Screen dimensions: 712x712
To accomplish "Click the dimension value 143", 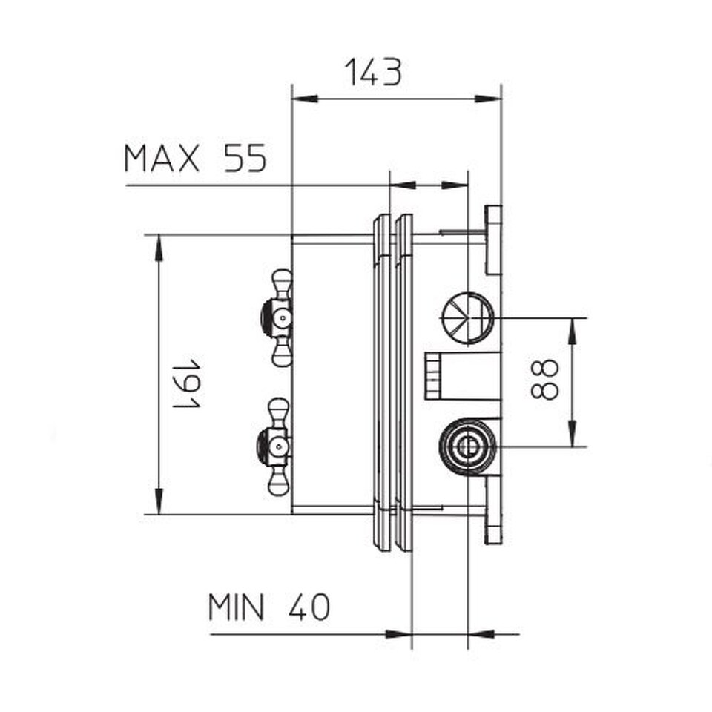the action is (373, 72).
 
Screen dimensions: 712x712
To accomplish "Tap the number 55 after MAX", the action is (245, 158).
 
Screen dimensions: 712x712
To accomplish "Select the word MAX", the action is (162, 158).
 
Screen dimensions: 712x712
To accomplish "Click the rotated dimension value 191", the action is (187, 383).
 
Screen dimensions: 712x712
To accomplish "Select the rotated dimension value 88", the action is (544, 380).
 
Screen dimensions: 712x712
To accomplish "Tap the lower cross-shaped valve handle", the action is (275, 446).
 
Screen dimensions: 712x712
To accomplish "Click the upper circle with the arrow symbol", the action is (468, 318).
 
